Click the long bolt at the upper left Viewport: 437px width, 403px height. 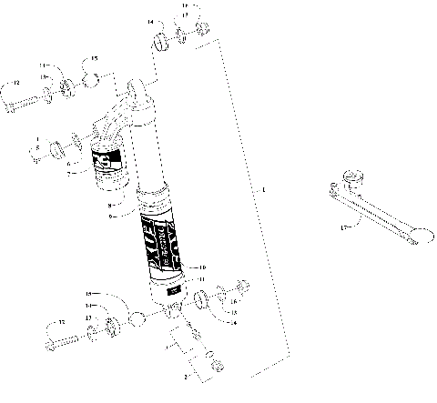click(27, 103)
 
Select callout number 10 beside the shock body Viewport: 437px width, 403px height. click(201, 267)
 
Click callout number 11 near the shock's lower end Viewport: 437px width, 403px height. click(202, 278)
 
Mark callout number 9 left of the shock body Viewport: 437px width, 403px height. click(110, 217)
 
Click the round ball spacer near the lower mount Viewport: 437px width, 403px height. click(137, 319)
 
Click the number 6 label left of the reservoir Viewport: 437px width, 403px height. click(67, 164)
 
